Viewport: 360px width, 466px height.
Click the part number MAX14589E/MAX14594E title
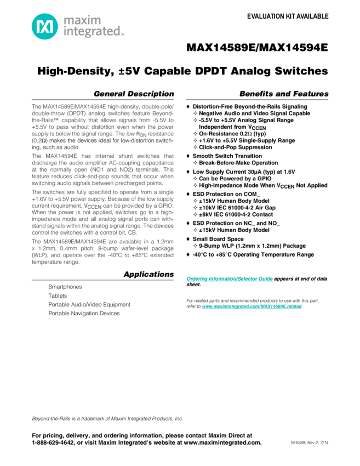click(257, 48)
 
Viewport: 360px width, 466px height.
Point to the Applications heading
click(148, 274)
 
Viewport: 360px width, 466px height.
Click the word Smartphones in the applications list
click(65, 287)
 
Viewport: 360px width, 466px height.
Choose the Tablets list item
click(58, 295)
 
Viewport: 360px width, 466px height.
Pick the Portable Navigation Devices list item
click(84, 314)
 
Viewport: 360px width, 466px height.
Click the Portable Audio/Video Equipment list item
click(88, 304)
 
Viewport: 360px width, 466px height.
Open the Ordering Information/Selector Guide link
click(229, 279)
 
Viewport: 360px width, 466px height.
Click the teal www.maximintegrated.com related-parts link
click(252, 307)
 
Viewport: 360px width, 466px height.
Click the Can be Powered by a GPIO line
click(230, 179)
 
